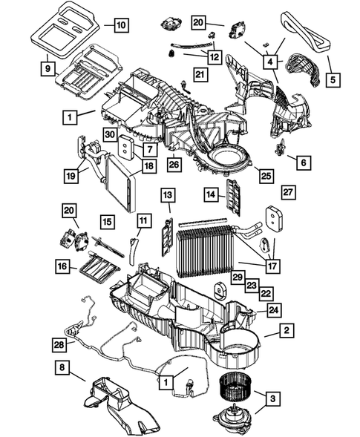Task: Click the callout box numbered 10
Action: point(120,24)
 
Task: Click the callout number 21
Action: point(200,73)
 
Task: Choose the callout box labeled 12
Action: point(214,56)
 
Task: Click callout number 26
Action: point(174,163)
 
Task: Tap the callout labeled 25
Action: point(263,175)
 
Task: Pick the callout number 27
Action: point(289,192)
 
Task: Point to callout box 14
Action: point(212,196)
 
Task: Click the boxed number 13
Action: point(168,196)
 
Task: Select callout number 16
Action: point(62,265)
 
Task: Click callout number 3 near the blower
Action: point(274,400)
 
